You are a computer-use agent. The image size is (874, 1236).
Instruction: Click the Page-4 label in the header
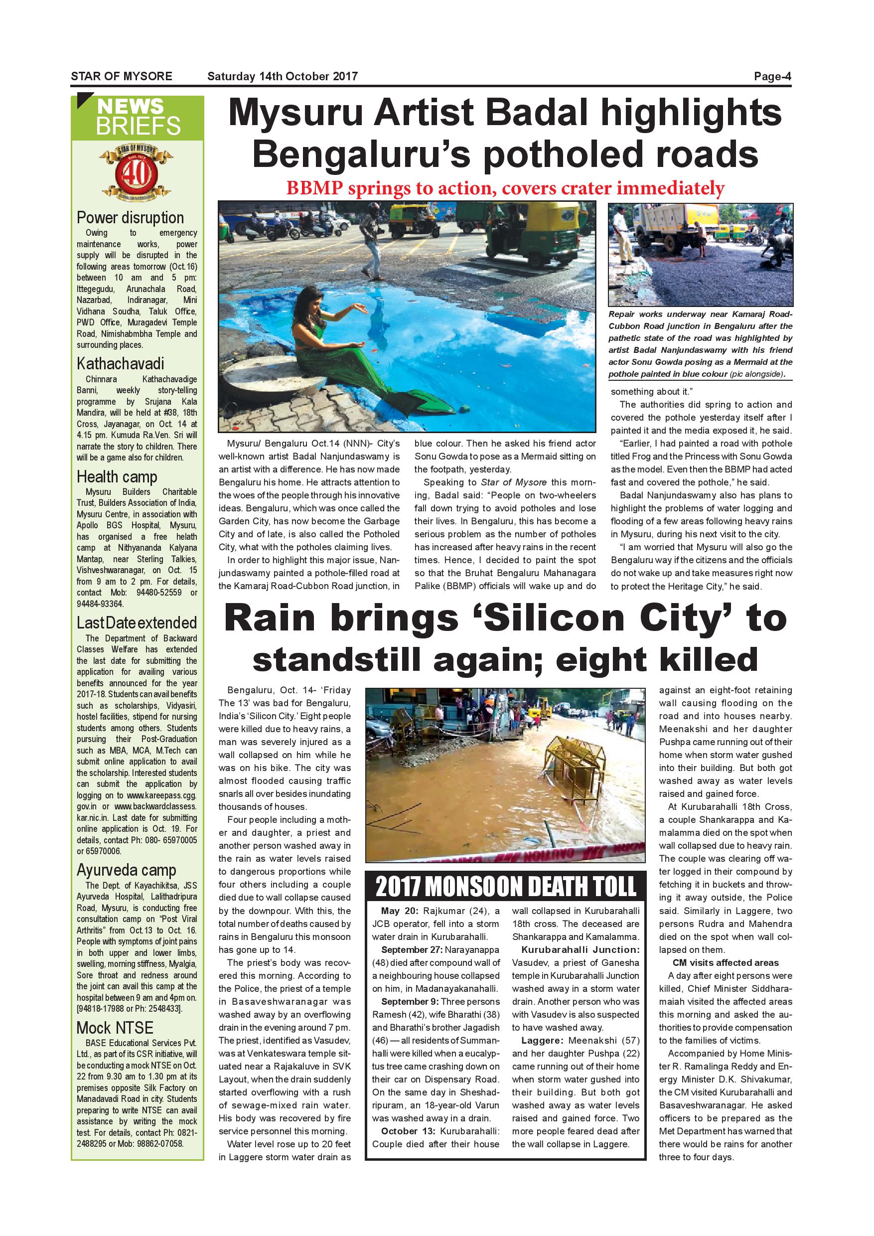(772, 76)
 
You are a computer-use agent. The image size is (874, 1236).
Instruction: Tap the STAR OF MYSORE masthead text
(122, 76)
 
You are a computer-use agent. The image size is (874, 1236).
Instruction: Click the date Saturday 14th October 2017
(283, 76)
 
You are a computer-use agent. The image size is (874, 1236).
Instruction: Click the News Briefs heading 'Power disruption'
(130, 217)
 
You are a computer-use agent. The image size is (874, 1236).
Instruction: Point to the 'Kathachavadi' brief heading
(121, 363)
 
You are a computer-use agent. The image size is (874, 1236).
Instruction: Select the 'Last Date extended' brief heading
(137, 623)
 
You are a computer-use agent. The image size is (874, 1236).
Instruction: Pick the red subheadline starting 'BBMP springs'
(505, 188)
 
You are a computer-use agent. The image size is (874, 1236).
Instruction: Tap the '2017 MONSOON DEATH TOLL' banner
(505, 887)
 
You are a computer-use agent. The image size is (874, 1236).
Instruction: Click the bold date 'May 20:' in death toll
(401, 912)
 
